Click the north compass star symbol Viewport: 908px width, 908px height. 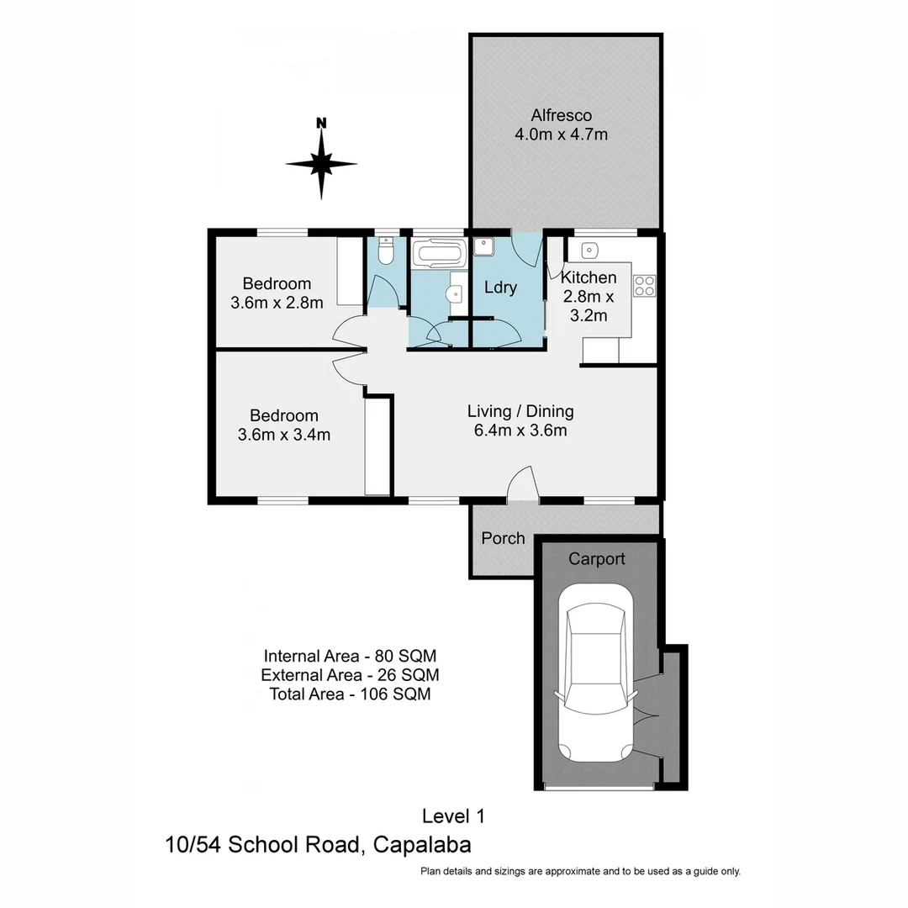(321, 164)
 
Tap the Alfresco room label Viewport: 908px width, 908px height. (561, 115)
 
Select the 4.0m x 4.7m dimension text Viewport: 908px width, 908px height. (561, 134)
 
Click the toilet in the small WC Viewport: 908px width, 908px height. (385, 251)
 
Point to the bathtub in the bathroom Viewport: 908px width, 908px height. (438, 253)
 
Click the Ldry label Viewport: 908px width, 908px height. (500, 288)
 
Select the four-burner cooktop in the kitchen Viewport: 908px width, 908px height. (644, 286)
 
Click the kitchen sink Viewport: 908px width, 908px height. (590, 249)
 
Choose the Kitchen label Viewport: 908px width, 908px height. (589, 278)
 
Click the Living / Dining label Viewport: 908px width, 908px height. (520, 411)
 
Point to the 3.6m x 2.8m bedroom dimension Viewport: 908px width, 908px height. (277, 303)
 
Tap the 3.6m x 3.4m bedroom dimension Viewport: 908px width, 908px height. (283, 435)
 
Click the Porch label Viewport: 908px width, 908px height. (503, 538)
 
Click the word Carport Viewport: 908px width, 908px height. (597, 558)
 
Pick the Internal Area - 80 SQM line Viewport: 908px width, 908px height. (351, 656)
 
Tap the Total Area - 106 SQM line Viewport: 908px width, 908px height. (351, 694)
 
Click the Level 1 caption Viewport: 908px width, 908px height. (453, 815)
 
